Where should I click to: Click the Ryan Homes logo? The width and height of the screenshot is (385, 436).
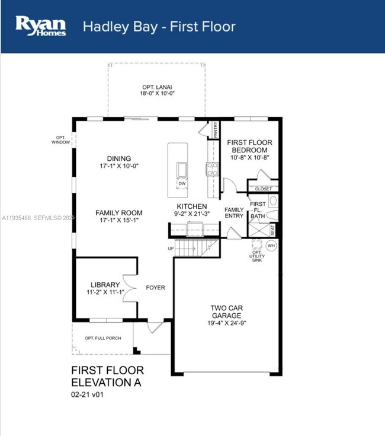click(x=40, y=26)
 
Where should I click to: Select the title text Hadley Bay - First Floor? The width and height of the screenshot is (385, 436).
click(x=159, y=27)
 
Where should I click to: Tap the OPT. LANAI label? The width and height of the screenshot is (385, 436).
click(x=157, y=87)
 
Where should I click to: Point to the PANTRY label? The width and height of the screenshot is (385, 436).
click(x=216, y=129)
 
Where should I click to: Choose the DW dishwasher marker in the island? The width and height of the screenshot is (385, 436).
click(x=181, y=183)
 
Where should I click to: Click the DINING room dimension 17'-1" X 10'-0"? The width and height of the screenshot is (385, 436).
click(x=119, y=167)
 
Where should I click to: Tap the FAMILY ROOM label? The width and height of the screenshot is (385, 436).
click(x=119, y=212)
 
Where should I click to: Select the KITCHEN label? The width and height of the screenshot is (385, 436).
click(x=192, y=206)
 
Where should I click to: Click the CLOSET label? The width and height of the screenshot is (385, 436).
click(x=263, y=189)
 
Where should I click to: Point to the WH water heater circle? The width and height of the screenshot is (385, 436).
click(x=271, y=245)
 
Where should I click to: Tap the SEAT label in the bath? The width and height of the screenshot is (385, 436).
click(x=273, y=228)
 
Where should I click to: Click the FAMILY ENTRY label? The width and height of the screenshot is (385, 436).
click(x=234, y=213)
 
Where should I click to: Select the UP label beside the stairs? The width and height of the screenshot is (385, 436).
click(x=171, y=248)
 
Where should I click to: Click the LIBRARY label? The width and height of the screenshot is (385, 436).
click(x=105, y=284)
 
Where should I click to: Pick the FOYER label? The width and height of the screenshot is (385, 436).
click(x=155, y=288)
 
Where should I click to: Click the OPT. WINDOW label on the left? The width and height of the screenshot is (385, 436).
click(x=61, y=139)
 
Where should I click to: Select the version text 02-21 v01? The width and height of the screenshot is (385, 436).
click(x=88, y=394)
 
